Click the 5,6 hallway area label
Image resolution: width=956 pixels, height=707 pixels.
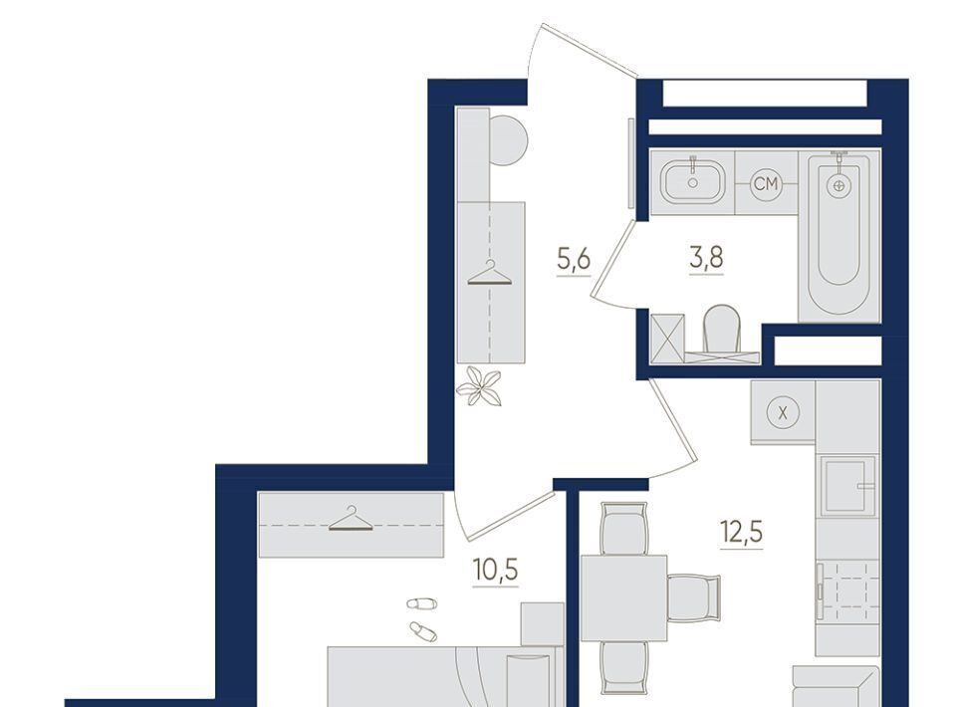pyautogui.click(x=574, y=260)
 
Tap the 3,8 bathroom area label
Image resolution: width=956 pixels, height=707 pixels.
pyautogui.click(x=707, y=258)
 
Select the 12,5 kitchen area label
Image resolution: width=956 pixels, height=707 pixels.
pyautogui.click(x=741, y=532)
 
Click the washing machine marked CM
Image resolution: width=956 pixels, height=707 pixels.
pyautogui.click(x=766, y=183)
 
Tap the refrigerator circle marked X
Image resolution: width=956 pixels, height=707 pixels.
pyautogui.click(x=783, y=412)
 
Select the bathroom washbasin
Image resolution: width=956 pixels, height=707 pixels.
pyautogui.click(x=693, y=181)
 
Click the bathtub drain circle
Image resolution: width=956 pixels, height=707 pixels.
pyautogui.click(x=838, y=185)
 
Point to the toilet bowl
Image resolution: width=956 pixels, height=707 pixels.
pyautogui.click(x=722, y=330)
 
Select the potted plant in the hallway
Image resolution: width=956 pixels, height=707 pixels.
pyautogui.click(x=480, y=386)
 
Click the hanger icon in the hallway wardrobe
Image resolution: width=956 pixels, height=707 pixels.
pyautogui.click(x=490, y=273)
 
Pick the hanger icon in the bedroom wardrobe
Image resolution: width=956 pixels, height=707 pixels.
pyautogui.click(x=351, y=519)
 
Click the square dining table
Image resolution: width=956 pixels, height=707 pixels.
pyautogui.click(x=623, y=598)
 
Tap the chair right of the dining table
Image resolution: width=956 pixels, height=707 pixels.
pyautogui.click(x=694, y=597)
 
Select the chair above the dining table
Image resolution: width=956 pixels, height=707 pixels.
pyautogui.click(x=623, y=529)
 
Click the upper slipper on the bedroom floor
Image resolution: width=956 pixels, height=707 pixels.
pyautogui.click(x=422, y=603)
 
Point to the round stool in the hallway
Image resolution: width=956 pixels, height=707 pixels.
pyautogui.click(x=507, y=140)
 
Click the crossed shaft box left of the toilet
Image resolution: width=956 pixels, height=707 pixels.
pyautogui.click(x=667, y=339)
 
